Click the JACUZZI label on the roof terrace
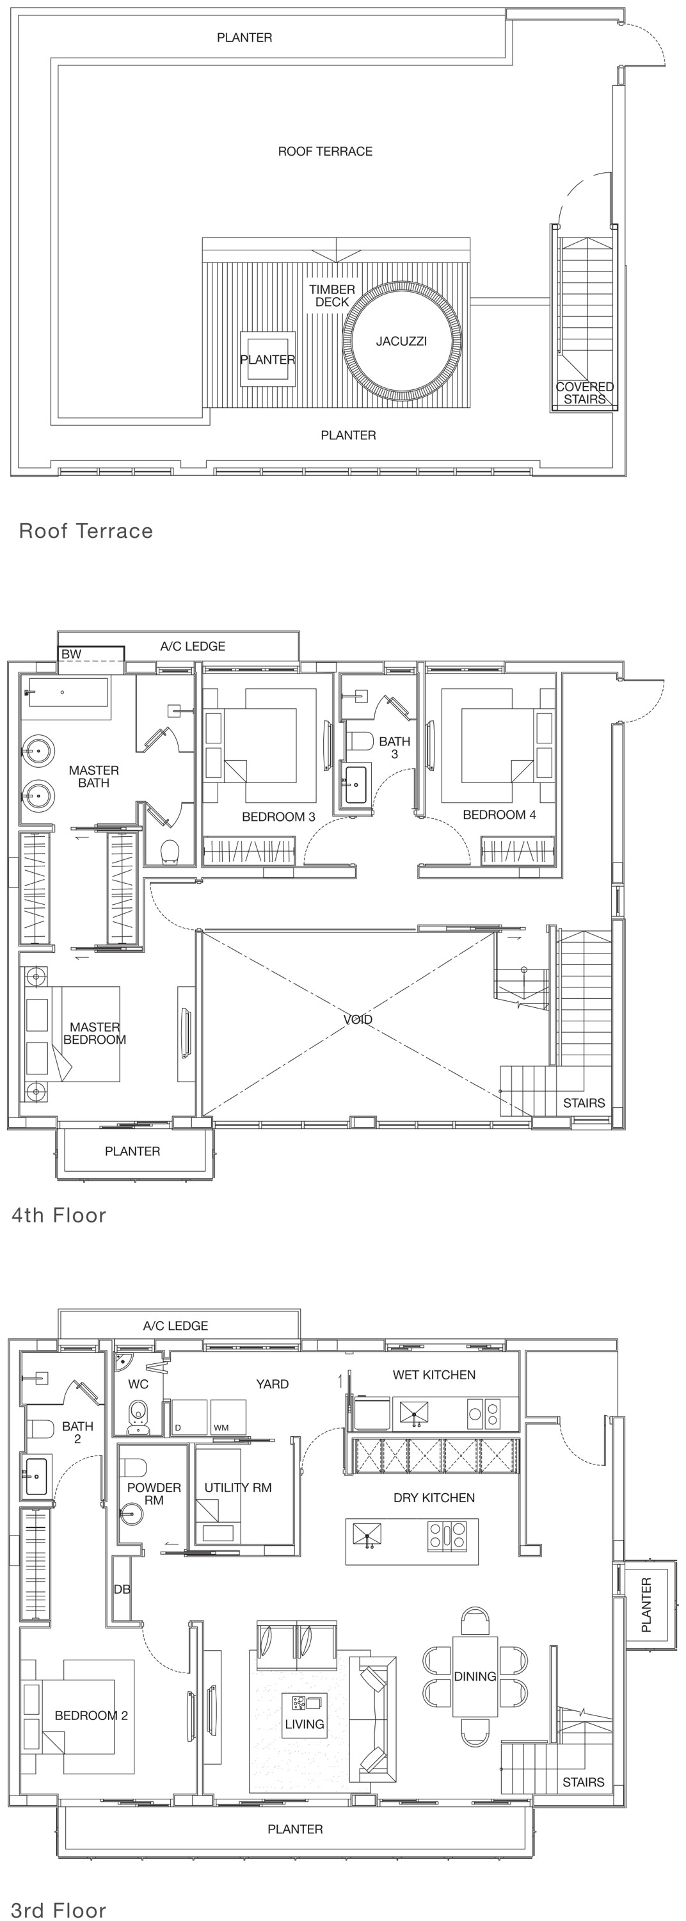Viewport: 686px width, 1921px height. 401,341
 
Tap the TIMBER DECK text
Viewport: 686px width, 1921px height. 332,296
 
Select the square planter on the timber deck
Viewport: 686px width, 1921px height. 267,359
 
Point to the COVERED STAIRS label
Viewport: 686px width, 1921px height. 585,393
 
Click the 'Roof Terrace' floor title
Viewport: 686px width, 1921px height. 86,531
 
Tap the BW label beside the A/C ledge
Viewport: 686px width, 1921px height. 72,654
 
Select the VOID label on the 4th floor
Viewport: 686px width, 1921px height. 358,1019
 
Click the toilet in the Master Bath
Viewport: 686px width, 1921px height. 171,852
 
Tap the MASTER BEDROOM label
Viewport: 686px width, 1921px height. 95,1033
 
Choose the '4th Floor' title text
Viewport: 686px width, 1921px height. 59,1215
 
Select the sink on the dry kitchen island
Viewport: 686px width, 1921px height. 367,1535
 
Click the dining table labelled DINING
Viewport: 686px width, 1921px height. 475,1676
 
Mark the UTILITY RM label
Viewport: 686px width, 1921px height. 238,1487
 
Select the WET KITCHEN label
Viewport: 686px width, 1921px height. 434,1374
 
